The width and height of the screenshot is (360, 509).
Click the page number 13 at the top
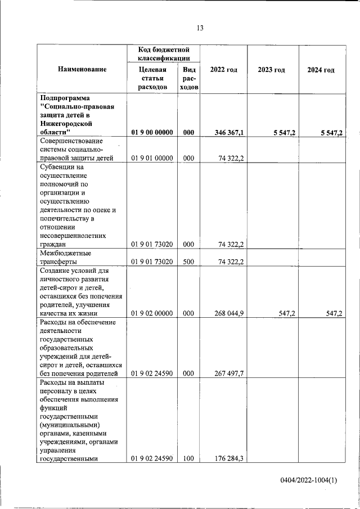coord(200,28)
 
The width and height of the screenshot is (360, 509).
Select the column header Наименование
coord(82,69)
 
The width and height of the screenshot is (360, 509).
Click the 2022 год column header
coord(223,69)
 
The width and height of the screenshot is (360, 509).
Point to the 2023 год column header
coord(271,69)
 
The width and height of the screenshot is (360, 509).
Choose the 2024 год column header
coord(321,69)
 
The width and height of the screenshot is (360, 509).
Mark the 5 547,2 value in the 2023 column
coord(285,132)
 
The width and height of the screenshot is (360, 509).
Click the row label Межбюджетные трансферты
coord(66,257)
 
